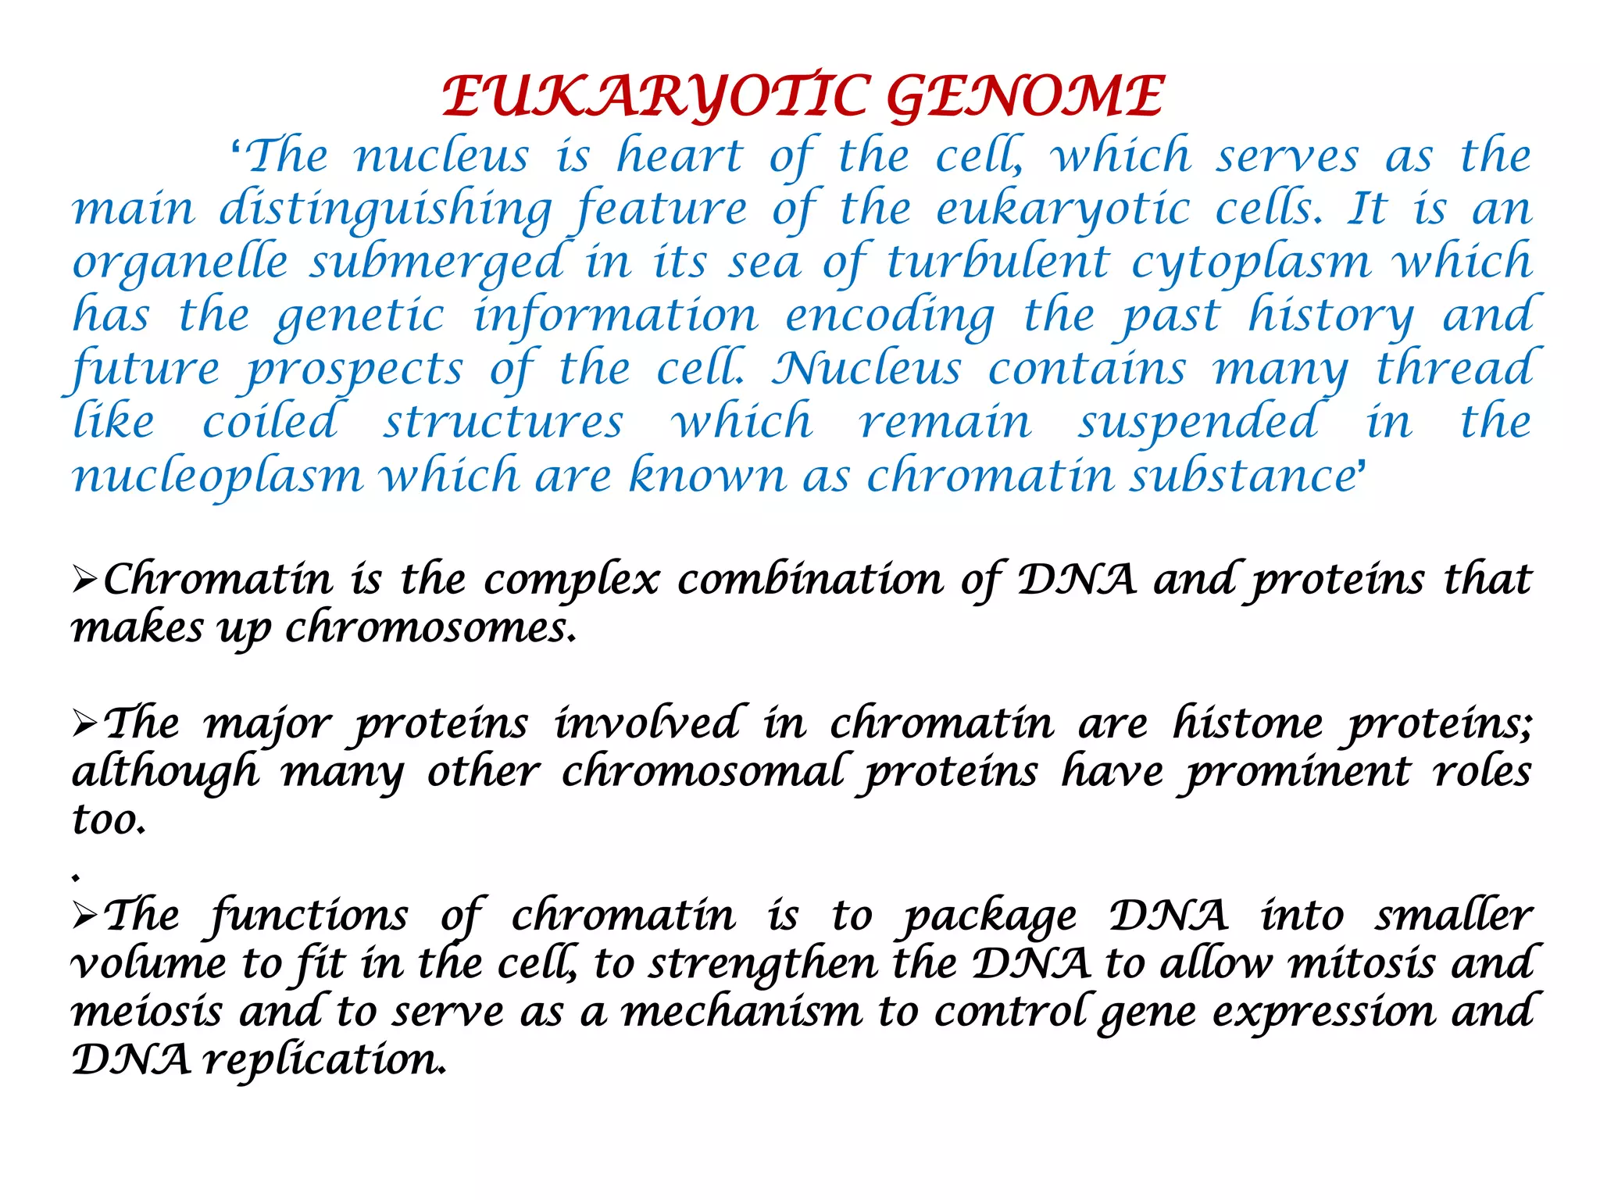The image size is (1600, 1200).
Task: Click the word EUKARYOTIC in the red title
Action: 655,97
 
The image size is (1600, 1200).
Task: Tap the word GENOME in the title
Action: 1024,97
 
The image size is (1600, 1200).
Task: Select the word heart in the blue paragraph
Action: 679,156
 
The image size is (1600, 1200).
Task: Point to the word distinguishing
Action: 385,209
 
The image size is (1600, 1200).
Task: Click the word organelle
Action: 180,262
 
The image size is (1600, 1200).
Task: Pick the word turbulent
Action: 998,262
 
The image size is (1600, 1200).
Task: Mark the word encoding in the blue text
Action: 890,316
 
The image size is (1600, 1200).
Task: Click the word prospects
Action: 355,370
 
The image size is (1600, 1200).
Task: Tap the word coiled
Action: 270,423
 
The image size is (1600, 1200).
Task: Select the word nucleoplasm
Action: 218,477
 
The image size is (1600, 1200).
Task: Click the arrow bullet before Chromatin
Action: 84,580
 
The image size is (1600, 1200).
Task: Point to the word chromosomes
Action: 430,628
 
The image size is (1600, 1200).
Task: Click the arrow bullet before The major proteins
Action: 84,724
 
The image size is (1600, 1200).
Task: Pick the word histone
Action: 1247,724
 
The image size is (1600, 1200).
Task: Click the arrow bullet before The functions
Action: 84,916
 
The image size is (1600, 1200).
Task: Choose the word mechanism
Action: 741,1012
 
